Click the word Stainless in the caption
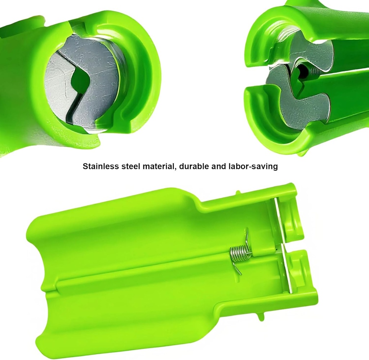point(101,166)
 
